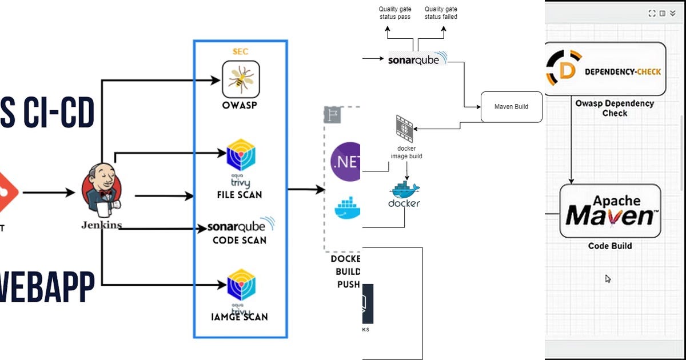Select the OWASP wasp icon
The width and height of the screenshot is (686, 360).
point(241,79)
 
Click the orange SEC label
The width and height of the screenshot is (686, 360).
point(240,52)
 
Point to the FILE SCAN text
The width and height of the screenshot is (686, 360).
point(240,195)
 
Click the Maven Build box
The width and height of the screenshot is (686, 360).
point(511,106)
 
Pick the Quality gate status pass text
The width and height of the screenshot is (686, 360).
point(394,13)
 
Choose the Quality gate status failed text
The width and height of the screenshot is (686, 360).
point(441,13)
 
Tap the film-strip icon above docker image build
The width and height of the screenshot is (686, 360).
point(405,127)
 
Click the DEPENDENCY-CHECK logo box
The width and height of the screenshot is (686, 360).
point(604,69)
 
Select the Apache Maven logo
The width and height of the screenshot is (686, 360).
point(609,211)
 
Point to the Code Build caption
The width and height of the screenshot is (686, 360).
point(610,246)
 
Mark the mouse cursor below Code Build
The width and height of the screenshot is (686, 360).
point(608,279)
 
